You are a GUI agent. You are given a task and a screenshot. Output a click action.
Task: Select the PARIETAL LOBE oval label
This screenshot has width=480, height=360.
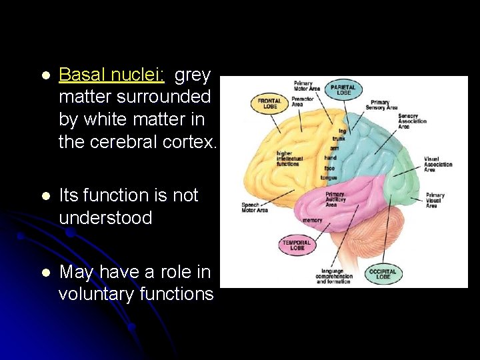tap(343, 89)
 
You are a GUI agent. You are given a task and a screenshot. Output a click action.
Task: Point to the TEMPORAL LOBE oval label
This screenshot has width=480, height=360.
tap(295, 245)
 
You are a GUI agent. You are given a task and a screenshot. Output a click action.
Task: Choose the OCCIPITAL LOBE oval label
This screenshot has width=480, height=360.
tap(383, 274)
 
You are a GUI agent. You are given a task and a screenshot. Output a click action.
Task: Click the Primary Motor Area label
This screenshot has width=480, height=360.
tap(307, 86)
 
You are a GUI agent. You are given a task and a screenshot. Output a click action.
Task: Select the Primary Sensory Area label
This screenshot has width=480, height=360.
tap(384, 105)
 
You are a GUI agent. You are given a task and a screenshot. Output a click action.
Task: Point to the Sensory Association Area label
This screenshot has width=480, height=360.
tap(412, 121)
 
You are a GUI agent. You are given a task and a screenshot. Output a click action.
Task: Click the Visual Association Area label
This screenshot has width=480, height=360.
tap(438, 164)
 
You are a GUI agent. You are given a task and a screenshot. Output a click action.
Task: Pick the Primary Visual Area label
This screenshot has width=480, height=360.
tap(435, 201)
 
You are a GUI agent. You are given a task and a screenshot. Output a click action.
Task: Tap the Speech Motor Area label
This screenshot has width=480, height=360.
tap(254, 207)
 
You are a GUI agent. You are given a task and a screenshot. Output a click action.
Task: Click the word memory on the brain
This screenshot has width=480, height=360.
tap(312, 220)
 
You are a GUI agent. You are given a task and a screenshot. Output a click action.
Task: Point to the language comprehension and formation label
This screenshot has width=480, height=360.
tap(333, 277)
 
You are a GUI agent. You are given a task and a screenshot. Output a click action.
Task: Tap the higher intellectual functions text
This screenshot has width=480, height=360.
tap(289, 158)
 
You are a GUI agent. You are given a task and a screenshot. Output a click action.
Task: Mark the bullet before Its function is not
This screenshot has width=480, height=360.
tap(45, 196)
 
